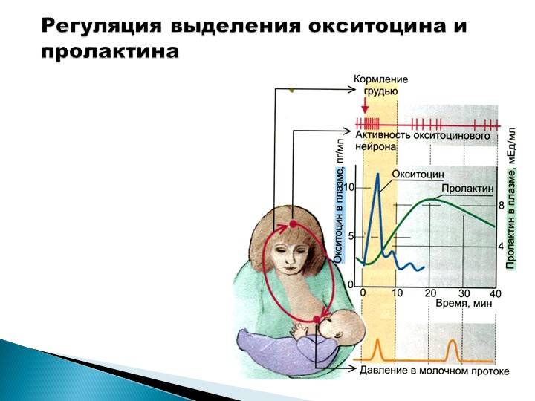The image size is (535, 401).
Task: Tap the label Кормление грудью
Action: click(x=380, y=85)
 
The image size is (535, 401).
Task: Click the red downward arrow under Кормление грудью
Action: click(x=365, y=105)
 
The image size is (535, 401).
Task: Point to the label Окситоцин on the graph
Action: click(x=418, y=175)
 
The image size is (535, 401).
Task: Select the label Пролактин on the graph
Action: click(x=467, y=188)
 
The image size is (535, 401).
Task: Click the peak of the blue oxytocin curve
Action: click(x=377, y=174)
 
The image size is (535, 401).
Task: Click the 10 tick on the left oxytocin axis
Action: click(x=349, y=187)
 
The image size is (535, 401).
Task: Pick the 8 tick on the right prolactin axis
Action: click(x=501, y=205)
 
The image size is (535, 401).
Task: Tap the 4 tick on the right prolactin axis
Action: click(x=501, y=247)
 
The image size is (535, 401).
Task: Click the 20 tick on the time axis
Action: click(x=430, y=293)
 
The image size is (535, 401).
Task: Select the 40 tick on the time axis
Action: click(x=495, y=293)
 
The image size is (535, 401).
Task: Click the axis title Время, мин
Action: click(x=464, y=303)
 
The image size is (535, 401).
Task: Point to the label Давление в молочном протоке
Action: click(x=435, y=371)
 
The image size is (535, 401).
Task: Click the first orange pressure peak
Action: click(x=377, y=340)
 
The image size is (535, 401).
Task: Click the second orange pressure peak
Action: click(x=453, y=341)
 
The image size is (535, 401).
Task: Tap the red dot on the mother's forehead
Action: click(x=293, y=224)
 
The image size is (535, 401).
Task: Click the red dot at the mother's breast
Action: click(x=317, y=319)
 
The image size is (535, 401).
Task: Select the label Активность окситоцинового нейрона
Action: click(x=423, y=140)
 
